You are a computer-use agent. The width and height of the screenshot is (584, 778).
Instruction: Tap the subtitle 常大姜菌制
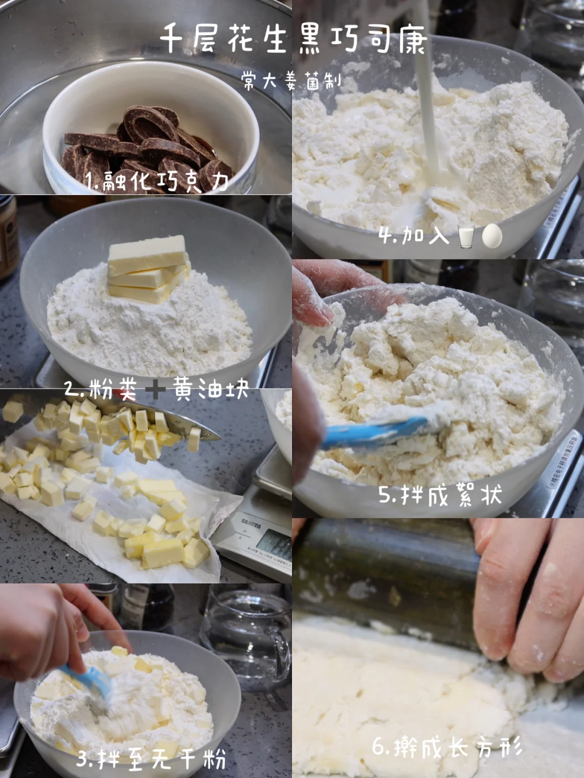(x=291, y=81)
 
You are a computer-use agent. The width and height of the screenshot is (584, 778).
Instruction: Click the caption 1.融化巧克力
(x=157, y=182)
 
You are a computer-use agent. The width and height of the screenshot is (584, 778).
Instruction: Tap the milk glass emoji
(x=466, y=235)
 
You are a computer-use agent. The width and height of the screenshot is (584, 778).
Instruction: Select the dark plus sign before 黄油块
(x=155, y=390)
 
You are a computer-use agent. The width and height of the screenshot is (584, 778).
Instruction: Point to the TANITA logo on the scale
(x=250, y=524)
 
